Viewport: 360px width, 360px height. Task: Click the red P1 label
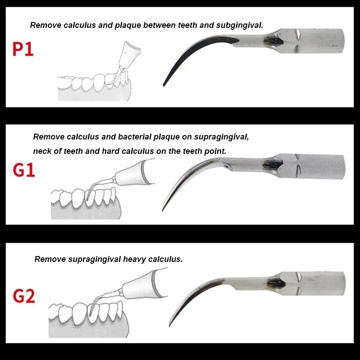coord(23,49)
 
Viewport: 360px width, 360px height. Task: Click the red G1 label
coord(24,170)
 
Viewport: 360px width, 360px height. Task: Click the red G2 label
coord(24,297)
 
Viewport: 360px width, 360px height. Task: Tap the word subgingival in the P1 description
coord(239,25)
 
